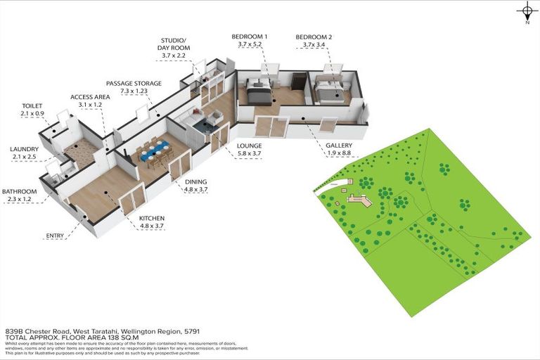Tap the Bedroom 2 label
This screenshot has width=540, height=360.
click(x=314, y=36)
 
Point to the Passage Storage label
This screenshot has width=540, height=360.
click(x=134, y=82)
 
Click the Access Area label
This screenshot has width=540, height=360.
click(x=86, y=97)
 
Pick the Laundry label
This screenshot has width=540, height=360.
click(x=25, y=149)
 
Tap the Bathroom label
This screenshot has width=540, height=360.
click(x=19, y=191)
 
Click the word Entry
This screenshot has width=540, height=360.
click(x=56, y=236)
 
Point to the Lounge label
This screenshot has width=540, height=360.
click(x=249, y=146)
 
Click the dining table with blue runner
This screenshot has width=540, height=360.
click(x=153, y=150)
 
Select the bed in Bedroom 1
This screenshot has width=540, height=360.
click(x=258, y=92)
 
